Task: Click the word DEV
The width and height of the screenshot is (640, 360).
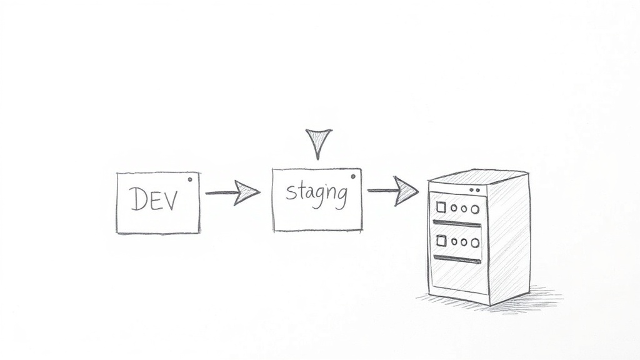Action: [154, 199]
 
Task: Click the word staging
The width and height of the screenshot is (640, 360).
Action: [317, 194]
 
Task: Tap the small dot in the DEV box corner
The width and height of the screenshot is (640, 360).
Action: [190, 179]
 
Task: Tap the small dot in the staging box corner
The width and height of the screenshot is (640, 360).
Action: [353, 177]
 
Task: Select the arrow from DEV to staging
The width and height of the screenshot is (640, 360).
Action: [232, 192]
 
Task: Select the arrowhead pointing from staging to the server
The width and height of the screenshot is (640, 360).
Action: [406, 191]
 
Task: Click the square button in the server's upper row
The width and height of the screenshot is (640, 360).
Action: [441, 207]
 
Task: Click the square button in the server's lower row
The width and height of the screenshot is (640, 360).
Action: [441, 241]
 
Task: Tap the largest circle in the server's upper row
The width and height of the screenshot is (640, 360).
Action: [475, 209]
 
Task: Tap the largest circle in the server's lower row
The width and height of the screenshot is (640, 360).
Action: [475, 243]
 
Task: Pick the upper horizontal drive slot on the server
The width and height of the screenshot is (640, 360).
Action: [457, 223]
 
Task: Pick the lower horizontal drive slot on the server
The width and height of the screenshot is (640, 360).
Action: [457, 259]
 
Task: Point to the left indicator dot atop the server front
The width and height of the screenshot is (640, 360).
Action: [472, 190]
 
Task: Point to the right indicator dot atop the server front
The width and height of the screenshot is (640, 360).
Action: [477, 190]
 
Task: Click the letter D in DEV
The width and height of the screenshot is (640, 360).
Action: [138, 199]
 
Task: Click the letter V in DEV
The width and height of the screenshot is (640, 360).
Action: [171, 200]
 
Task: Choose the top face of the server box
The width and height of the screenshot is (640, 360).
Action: [478, 177]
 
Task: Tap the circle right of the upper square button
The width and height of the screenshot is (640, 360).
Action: [454, 208]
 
